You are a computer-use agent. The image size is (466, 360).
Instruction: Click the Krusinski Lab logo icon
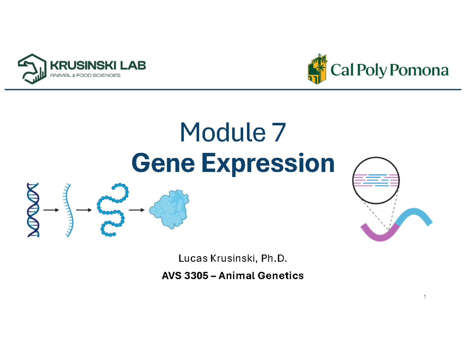point(31,69)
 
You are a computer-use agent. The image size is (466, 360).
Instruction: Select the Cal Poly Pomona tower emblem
point(317,69)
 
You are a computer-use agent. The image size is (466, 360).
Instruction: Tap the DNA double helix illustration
point(33,210)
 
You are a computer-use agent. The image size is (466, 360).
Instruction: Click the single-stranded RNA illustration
point(68,210)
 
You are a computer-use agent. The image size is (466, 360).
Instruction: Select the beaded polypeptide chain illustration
point(112,210)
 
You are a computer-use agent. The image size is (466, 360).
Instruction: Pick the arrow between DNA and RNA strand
point(51,210)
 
